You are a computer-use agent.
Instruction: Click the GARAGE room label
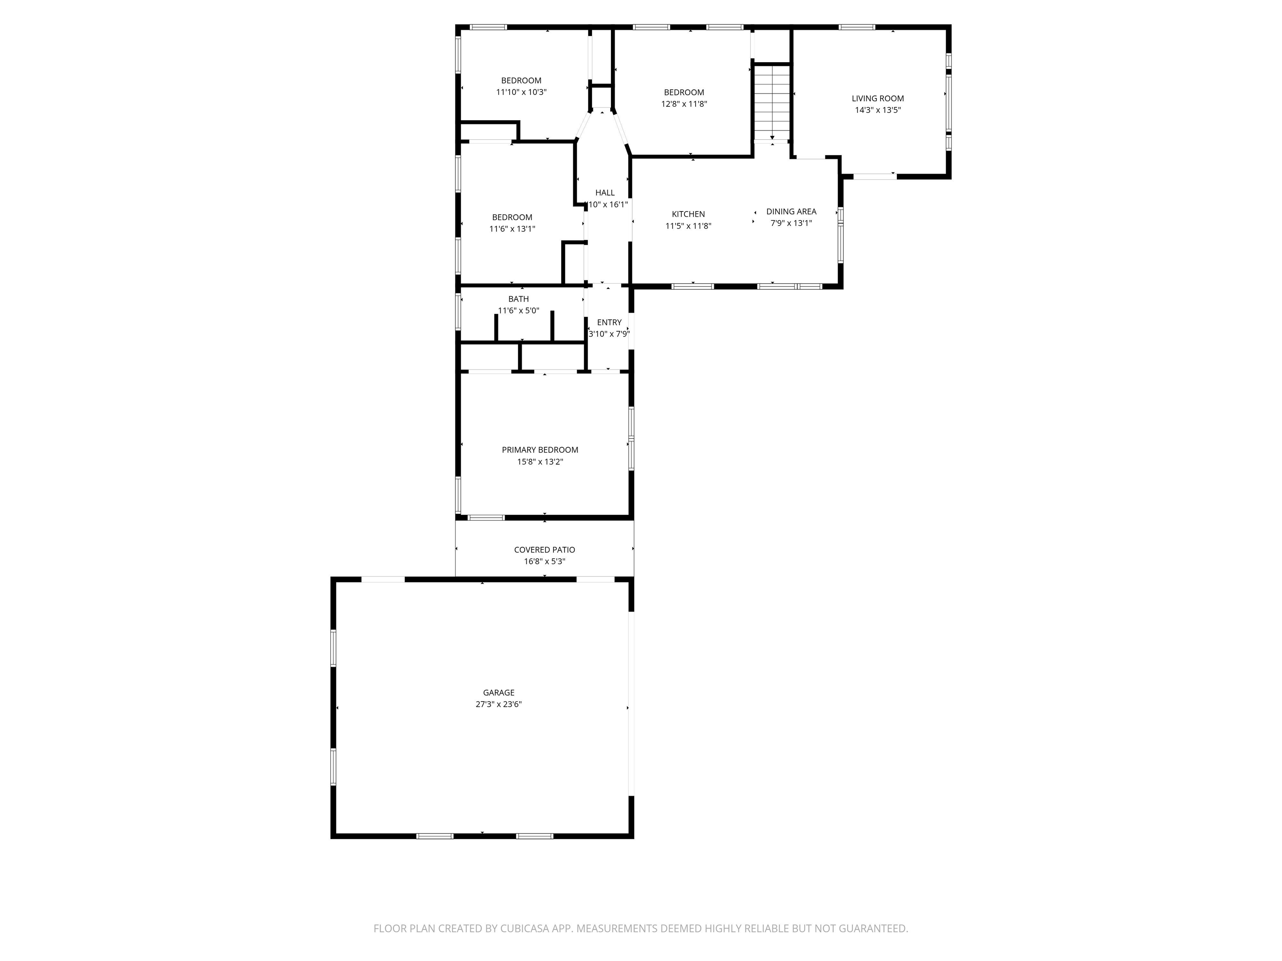(x=498, y=692)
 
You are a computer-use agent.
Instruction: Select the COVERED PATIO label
(x=544, y=550)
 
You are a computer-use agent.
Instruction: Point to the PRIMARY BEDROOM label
(x=540, y=450)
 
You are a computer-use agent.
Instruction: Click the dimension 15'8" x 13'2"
(x=540, y=462)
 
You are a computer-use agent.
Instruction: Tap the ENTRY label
(x=609, y=322)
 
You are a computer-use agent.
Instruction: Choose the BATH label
(x=518, y=299)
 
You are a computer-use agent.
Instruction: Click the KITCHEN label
(x=688, y=214)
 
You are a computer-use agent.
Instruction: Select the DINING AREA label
(x=791, y=211)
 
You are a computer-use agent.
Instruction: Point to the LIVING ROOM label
(x=878, y=98)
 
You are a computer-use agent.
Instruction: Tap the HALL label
(x=605, y=192)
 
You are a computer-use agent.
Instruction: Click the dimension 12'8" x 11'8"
(x=684, y=104)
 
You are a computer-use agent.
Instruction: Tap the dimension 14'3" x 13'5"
(x=878, y=110)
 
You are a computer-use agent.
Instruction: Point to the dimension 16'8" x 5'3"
(x=544, y=561)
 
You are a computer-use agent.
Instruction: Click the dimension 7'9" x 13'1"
(x=791, y=223)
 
